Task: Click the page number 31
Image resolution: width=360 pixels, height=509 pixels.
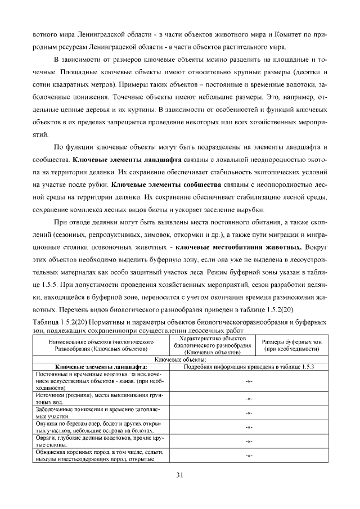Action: [180, 475]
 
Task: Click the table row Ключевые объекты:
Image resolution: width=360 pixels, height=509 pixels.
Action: [180, 358]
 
